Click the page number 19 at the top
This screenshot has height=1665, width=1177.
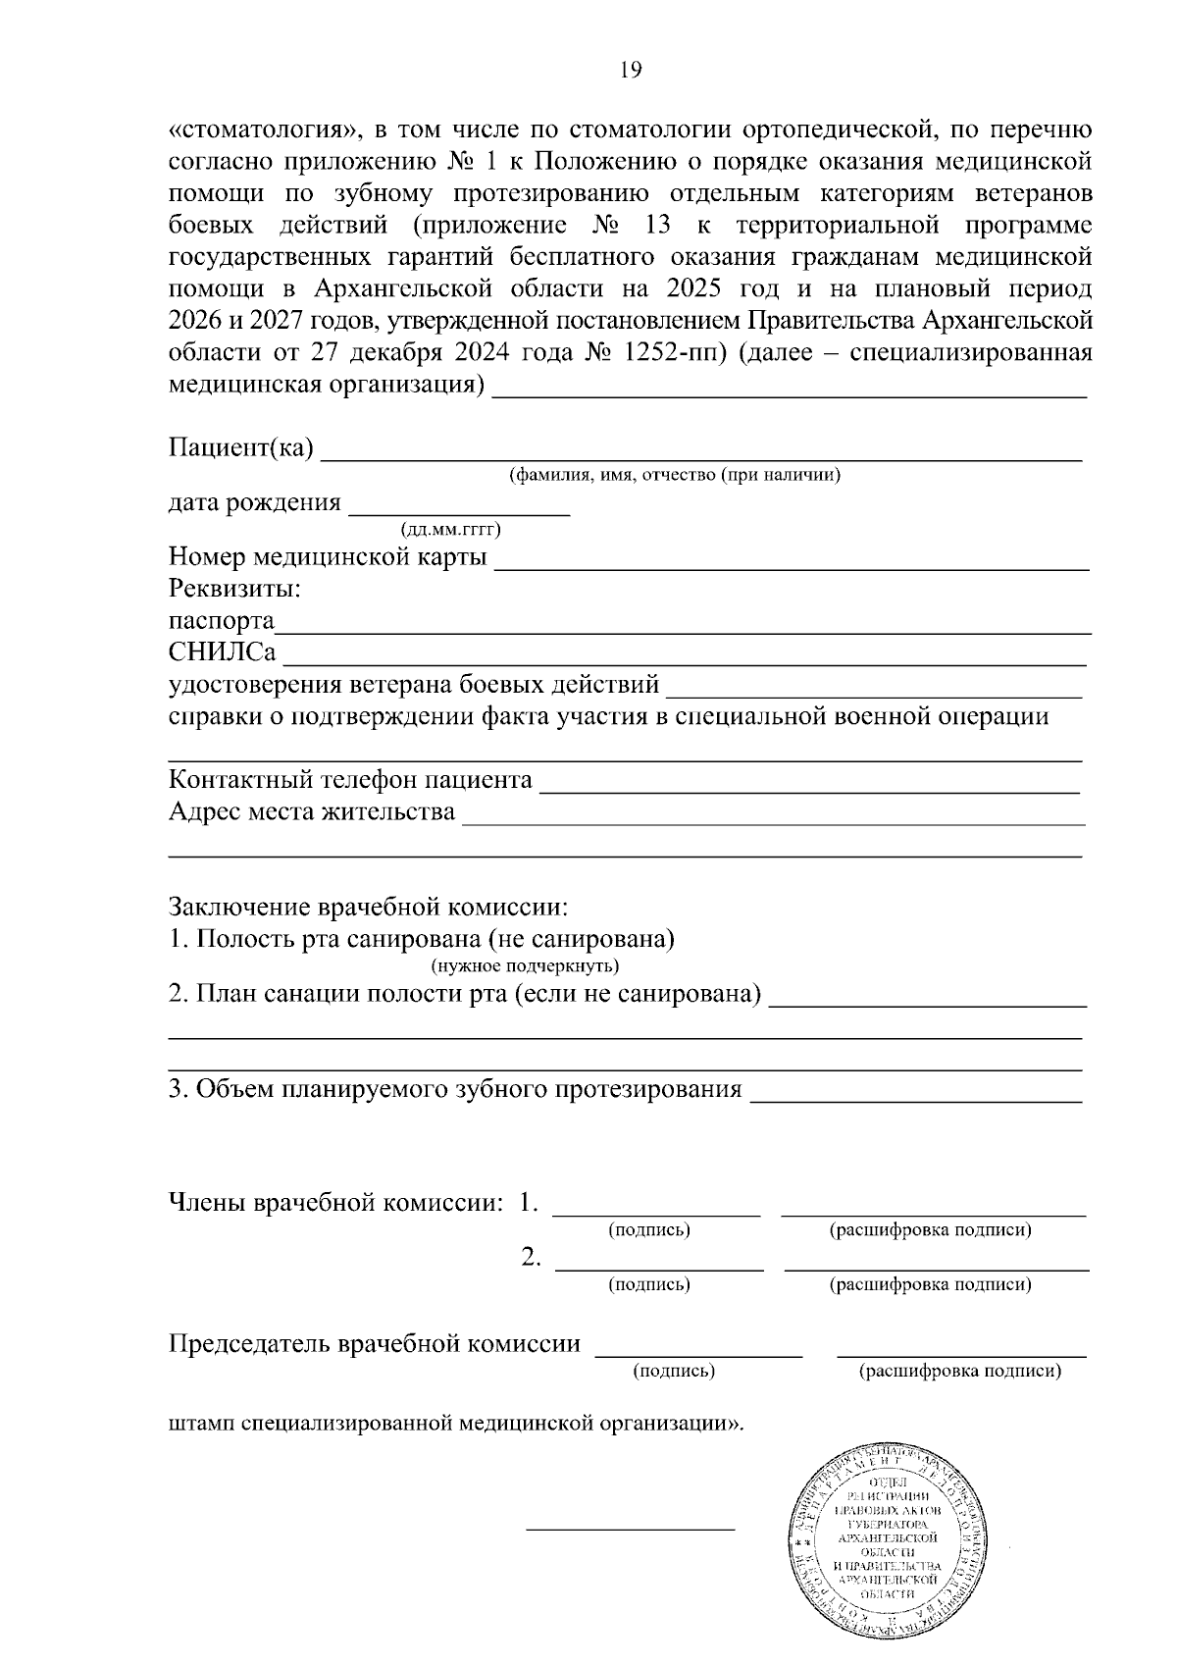point(631,70)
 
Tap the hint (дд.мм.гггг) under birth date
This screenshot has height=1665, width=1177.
point(451,531)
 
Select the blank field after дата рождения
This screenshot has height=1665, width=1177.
point(459,511)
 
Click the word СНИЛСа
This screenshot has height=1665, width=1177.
point(222,653)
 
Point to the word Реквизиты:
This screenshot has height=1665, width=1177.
point(234,590)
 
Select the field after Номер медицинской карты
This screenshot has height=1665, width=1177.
point(792,566)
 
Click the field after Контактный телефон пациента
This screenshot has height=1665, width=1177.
point(809,789)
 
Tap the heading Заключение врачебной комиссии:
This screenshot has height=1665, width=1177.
point(369,906)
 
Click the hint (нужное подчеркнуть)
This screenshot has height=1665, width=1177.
point(525,965)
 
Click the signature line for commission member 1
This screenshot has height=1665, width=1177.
point(657,1214)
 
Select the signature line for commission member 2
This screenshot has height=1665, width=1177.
point(659,1268)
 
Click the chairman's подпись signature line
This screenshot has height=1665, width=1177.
point(698,1354)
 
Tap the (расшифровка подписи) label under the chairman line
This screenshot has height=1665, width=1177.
point(959,1372)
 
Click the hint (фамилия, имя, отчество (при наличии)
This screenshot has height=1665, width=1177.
point(674,476)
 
